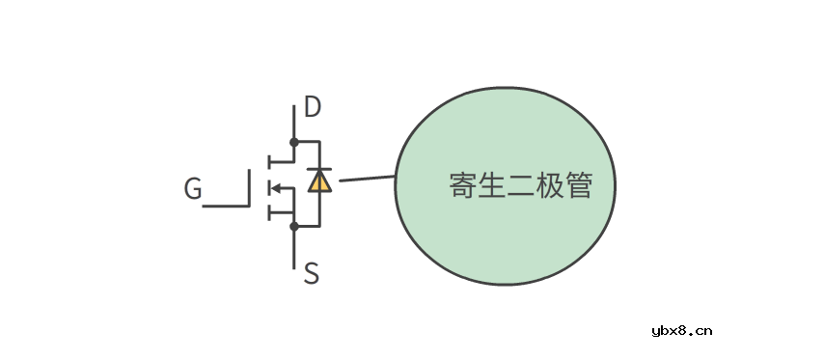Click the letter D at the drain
313,106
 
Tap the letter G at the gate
193,190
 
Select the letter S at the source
311,274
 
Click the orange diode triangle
319,180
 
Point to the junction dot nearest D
293,141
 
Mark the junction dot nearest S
293,227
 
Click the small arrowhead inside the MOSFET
274,187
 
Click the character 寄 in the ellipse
463,186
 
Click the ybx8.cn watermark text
682,330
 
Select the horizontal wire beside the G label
224,206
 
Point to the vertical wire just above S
293,247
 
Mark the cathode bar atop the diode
319,169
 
